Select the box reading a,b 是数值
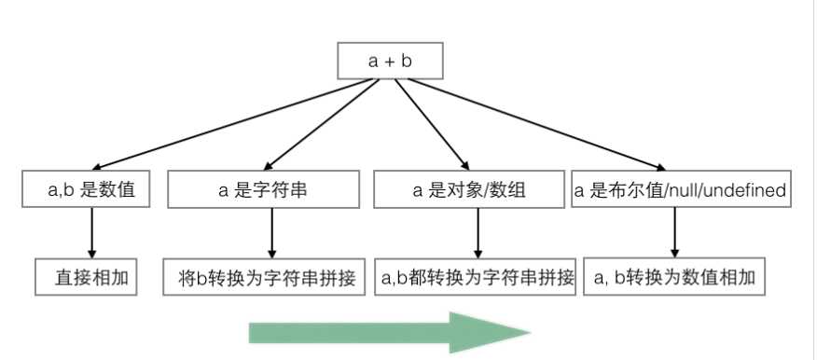click(x=90, y=190)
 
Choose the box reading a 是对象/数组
click(x=468, y=190)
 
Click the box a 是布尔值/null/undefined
click(x=681, y=190)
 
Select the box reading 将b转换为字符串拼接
click(x=265, y=277)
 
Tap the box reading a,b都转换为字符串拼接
click(x=477, y=277)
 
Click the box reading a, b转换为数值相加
click(x=682, y=277)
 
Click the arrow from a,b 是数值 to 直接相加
click(x=91, y=233)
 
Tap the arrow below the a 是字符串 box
click(x=271, y=233)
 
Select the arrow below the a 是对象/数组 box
click(x=477, y=233)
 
